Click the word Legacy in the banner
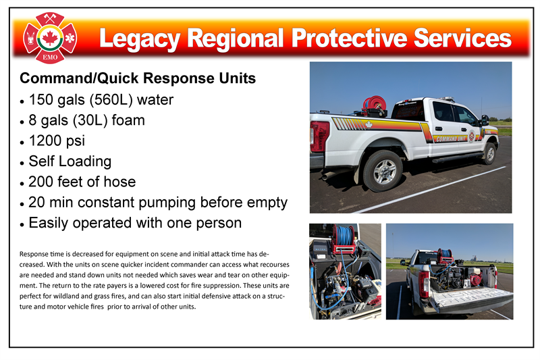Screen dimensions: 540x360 point(140,39)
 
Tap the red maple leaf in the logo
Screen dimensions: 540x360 point(49,38)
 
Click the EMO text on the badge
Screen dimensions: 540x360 point(50,57)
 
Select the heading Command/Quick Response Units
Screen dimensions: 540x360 point(138,78)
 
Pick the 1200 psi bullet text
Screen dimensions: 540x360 point(57,141)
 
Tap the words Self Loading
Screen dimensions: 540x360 point(70,161)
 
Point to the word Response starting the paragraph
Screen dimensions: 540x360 point(32,254)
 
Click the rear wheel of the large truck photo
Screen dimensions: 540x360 point(383,170)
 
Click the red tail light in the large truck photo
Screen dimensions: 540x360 point(319,136)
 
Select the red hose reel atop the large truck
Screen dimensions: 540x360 point(375,104)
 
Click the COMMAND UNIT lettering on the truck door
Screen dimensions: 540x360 point(451,139)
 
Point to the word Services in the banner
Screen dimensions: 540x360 point(462,38)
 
